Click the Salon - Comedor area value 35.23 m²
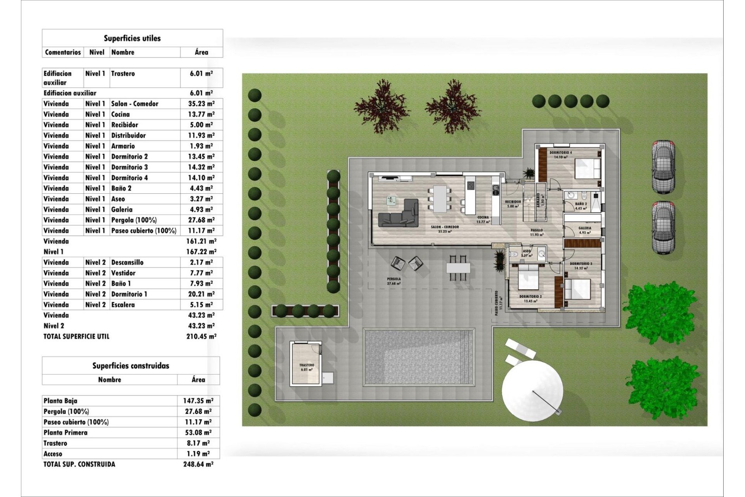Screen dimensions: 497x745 pyautogui.click(x=201, y=104)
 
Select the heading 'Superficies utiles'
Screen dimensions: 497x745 pyautogui.click(x=132, y=38)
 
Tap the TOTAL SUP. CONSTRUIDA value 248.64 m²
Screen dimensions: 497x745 pyautogui.click(x=198, y=464)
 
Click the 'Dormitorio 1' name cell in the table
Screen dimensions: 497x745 pyautogui.click(x=129, y=294)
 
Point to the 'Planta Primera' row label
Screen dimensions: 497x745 pyautogui.click(x=66, y=433)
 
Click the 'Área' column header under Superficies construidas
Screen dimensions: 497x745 pyautogui.click(x=198, y=379)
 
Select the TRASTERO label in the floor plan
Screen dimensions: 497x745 pyautogui.click(x=307, y=365)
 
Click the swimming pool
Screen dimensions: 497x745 pyautogui.click(x=419, y=357)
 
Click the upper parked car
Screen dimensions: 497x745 pyautogui.click(x=663, y=167)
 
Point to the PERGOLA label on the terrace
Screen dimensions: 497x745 pyautogui.click(x=393, y=279)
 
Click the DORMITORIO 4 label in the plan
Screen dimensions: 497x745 pyautogui.click(x=561, y=153)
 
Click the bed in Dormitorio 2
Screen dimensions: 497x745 pyautogui.click(x=528, y=277)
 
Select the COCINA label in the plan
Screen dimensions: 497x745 pyautogui.click(x=483, y=217)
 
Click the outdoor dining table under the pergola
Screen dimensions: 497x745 pyautogui.click(x=458, y=268)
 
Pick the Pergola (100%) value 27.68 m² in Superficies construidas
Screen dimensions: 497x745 pyautogui.click(x=198, y=411)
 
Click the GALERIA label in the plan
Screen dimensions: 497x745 pyautogui.click(x=584, y=228)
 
